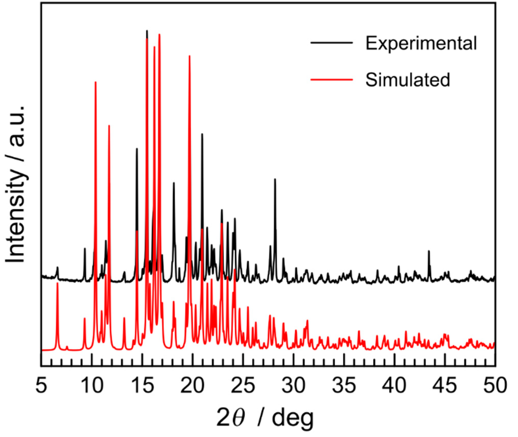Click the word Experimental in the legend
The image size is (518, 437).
point(421,43)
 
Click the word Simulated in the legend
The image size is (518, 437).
point(407,80)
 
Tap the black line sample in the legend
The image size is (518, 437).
point(331,43)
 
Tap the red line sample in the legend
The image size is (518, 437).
point(331,79)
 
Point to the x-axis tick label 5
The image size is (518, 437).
point(41,385)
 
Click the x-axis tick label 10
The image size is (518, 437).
point(92,385)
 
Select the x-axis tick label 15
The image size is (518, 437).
point(142,385)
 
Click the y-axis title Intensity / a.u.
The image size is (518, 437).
point(15,183)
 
